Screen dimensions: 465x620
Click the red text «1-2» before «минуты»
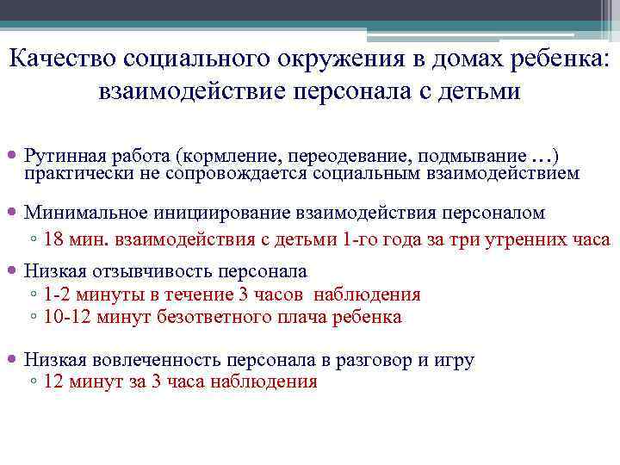tap(58, 294)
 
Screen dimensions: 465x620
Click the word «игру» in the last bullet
tap(455, 360)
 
